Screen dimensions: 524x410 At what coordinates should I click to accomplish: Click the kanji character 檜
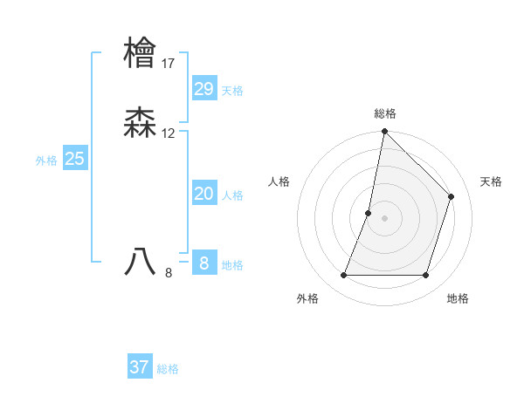(x=140, y=52)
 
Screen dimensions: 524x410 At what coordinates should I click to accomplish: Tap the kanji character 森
(x=140, y=123)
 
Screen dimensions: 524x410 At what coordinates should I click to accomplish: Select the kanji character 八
(x=140, y=261)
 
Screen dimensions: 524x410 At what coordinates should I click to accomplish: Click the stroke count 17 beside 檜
(x=169, y=63)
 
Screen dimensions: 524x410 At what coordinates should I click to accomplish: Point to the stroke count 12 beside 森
(x=169, y=133)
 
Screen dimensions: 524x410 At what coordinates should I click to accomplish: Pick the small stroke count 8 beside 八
(x=169, y=272)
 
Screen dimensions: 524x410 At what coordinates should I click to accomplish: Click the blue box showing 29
(x=204, y=88)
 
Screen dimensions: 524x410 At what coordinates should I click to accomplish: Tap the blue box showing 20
(x=204, y=194)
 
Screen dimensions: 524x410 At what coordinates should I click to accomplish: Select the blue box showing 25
(x=75, y=159)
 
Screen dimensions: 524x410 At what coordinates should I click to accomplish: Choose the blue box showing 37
(x=140, y=367)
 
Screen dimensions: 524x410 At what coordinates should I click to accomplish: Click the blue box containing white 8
(x=204, y=263)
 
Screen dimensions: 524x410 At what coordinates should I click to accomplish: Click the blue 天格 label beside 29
(x=232, y=91)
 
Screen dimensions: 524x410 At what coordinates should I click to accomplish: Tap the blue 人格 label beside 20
(x=232, y=195)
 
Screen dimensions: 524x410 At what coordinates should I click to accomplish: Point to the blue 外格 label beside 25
(x=46, y=161)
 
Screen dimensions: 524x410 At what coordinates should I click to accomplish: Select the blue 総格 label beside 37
(x=168, y=369)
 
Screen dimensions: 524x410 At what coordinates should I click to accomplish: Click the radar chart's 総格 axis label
(x=385, y=113)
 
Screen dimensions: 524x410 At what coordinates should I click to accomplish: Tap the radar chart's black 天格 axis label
(x=491, y=181)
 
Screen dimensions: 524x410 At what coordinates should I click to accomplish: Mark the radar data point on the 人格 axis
(x=369, y=213)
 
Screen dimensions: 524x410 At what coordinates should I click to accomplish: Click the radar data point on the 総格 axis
(x=384, y=132)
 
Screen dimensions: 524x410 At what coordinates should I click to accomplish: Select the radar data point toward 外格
(x=344, y=276)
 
